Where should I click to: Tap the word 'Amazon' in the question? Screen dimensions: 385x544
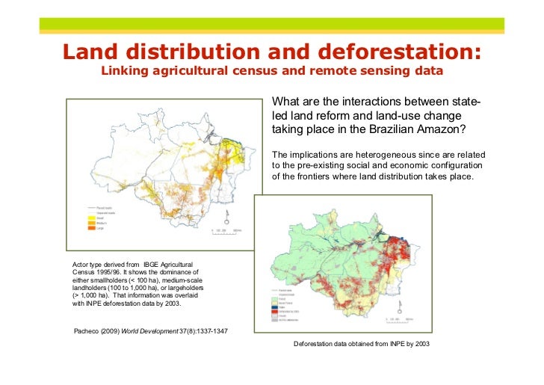(x=439, y=129)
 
